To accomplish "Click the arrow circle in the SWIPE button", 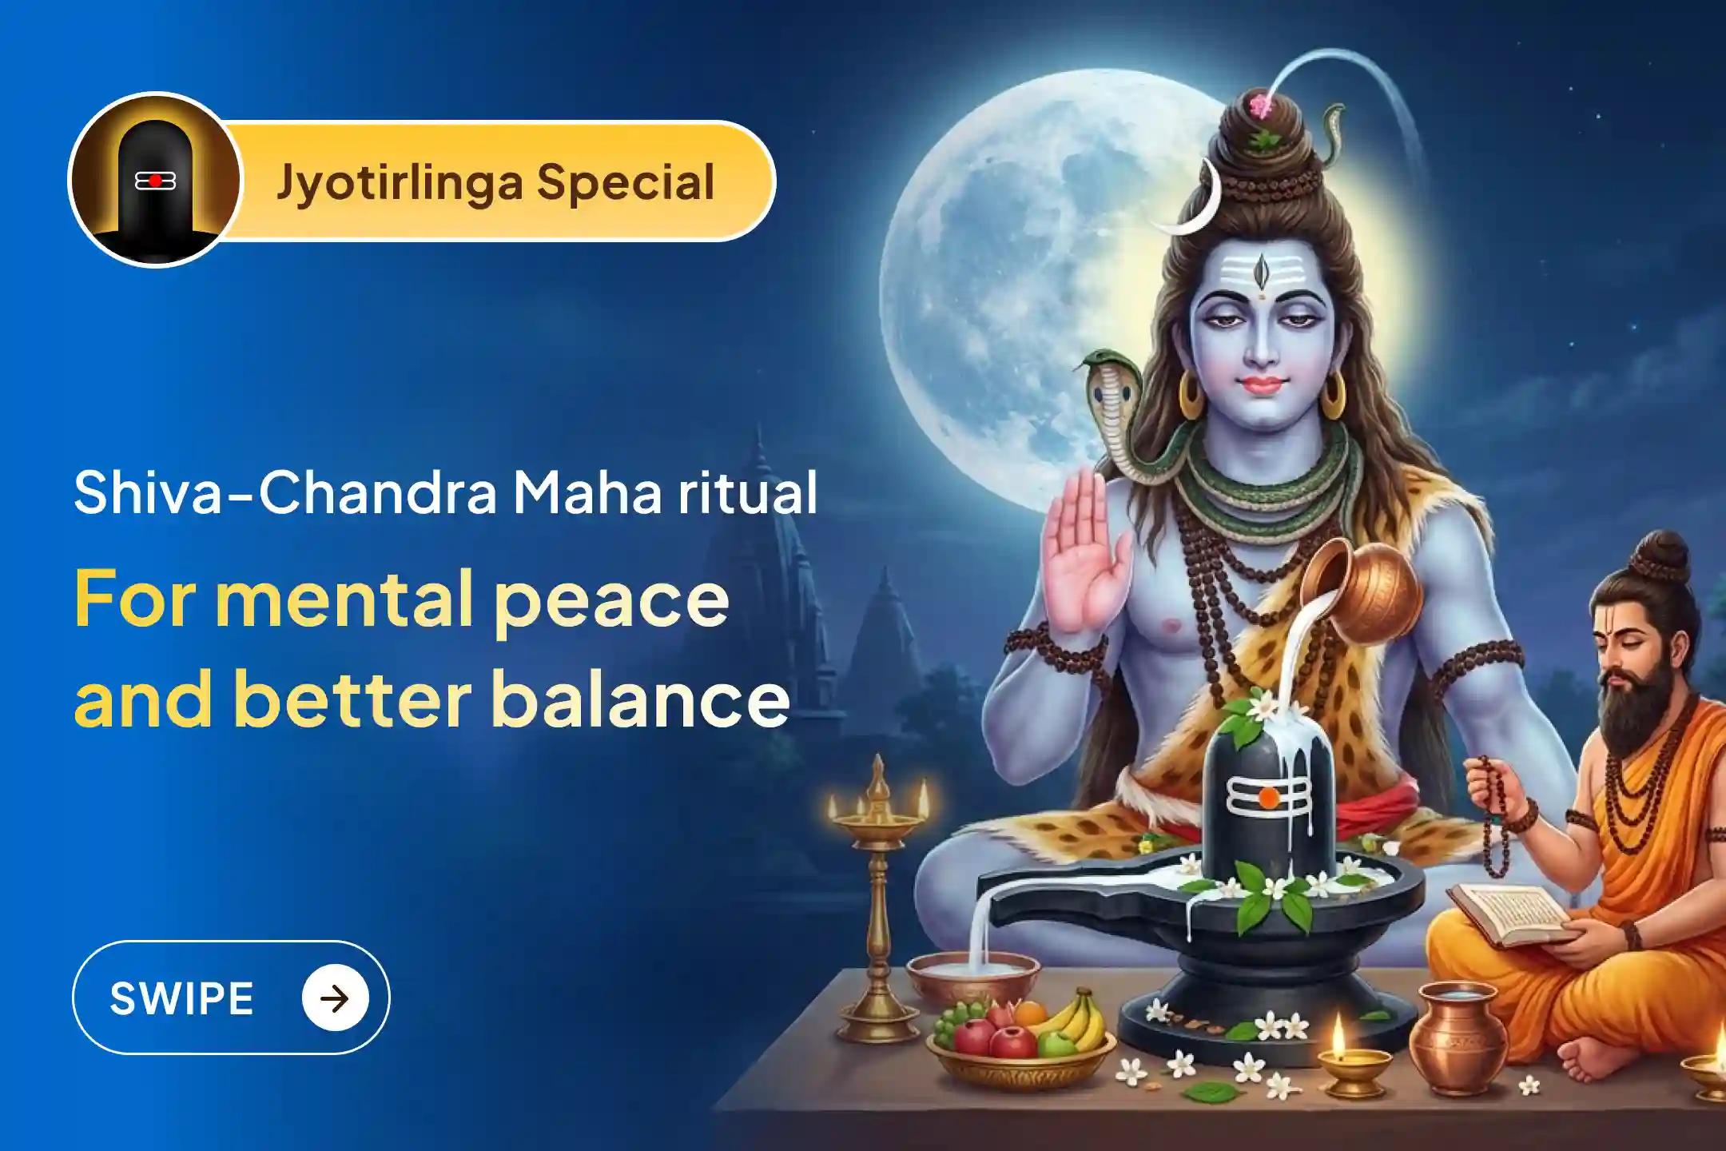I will tap(335, 998).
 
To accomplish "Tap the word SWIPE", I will tap(182, 998).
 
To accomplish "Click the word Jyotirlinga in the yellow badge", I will tap(400, 183).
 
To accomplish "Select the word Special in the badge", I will tap(626, 183).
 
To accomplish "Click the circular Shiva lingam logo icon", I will tap(154, 180).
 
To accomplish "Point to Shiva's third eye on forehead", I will tap(1261, 271).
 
